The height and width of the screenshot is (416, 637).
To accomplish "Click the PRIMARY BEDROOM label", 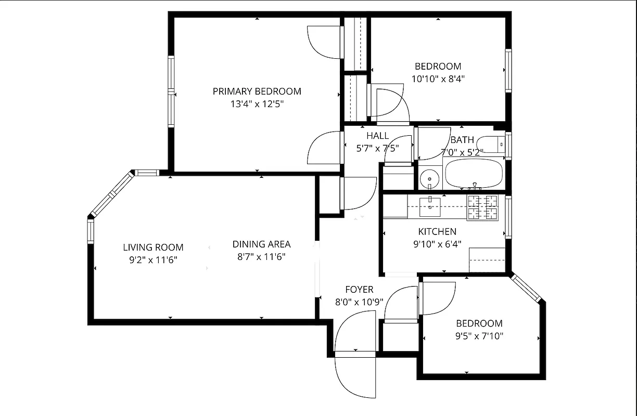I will (x=257, y=92).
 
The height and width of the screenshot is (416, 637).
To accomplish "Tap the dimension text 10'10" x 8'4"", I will (x=438, y=79).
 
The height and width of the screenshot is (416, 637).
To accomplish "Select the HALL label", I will (x=377, y=136).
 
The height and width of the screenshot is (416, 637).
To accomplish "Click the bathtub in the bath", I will (x=473, y=174).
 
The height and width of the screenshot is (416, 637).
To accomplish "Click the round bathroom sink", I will (x=430, y=179).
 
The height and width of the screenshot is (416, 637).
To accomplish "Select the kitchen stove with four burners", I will (x=482, y=207).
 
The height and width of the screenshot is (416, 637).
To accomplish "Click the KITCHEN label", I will (x=437, y=232).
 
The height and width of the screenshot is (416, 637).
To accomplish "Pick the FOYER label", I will (x=359, y=290).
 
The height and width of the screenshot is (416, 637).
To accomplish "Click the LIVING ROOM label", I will (x=153, y=248).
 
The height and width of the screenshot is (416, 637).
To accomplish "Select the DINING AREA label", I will (x=261, y=244).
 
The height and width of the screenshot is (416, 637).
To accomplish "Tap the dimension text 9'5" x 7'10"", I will (x=479, y=336).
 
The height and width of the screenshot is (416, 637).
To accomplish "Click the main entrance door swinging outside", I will (x=355, y=375).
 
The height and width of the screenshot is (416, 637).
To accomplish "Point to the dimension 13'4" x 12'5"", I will (x=257, y=104).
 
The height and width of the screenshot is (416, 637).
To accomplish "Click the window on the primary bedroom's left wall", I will (x=171, y=92).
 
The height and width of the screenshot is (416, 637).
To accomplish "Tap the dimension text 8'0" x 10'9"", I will (x=359, y=302).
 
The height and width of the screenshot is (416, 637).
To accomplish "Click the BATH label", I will (x=462, y=140).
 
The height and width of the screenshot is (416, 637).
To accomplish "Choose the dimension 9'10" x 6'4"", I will (x=437, y=244).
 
